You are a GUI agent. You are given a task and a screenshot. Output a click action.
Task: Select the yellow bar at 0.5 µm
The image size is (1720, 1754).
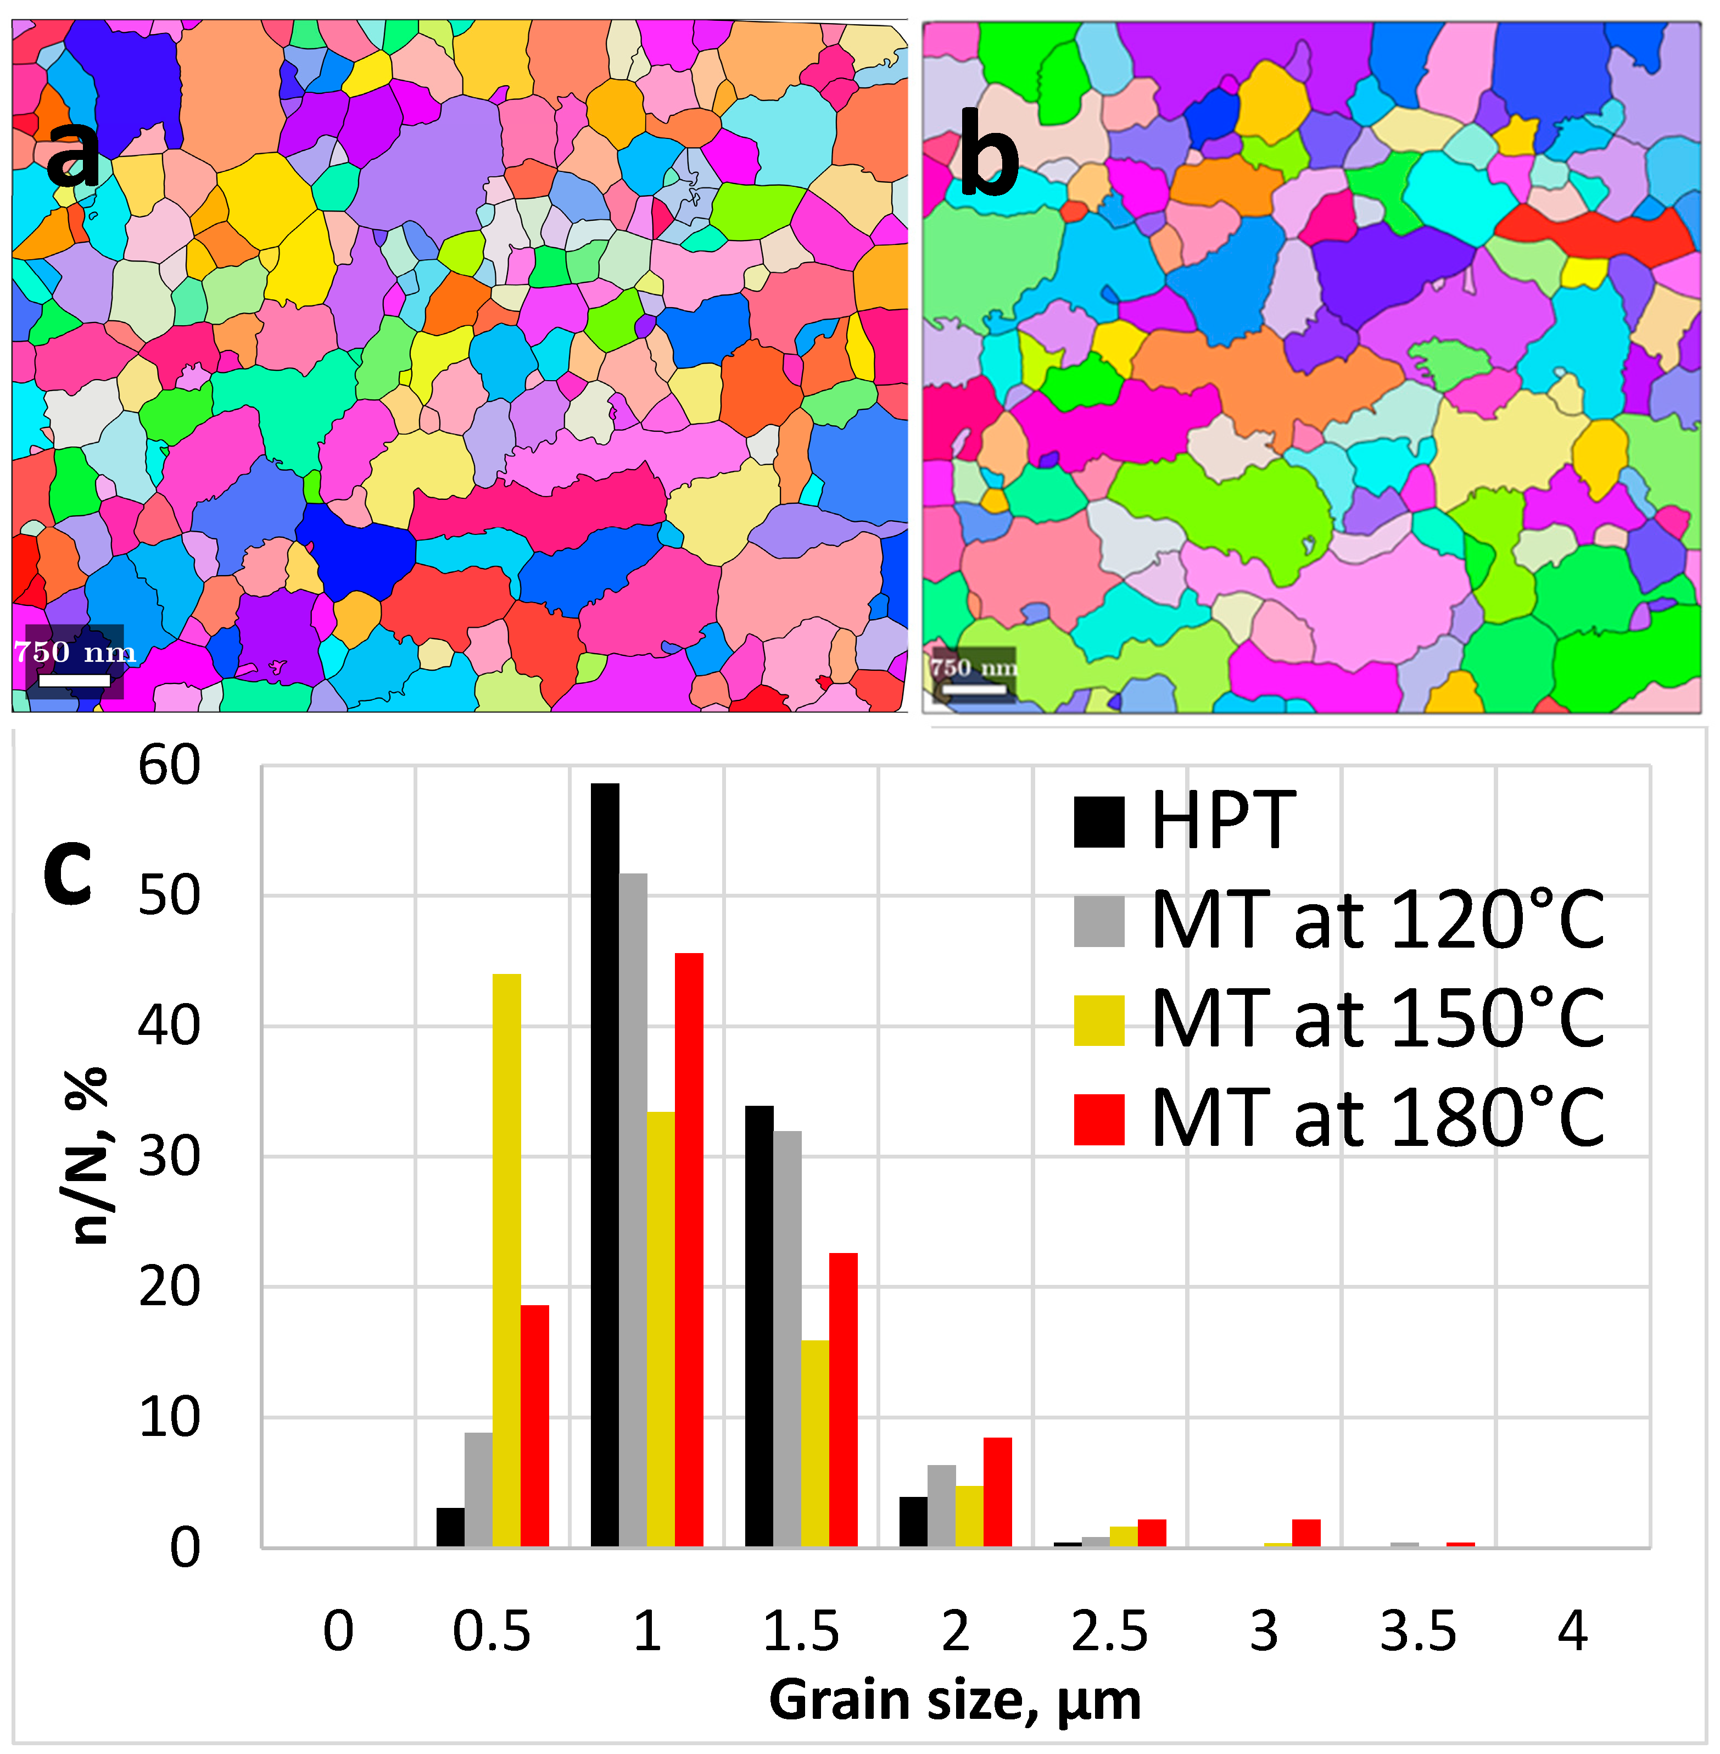click(507, 1261)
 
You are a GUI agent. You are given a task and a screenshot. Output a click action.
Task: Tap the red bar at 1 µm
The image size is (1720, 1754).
click(689, 1251)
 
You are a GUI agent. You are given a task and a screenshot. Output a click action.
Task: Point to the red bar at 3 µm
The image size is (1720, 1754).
click(1306, 1534)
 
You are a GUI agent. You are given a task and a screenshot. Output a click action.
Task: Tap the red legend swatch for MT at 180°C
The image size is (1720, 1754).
click(1098, 1120)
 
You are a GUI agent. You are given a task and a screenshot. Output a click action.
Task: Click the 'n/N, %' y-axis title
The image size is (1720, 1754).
click(90, 1157)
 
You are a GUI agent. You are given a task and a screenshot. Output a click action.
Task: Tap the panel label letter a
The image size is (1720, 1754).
click(73, 154)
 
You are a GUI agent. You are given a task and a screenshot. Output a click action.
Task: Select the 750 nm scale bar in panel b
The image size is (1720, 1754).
click(973, 689)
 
